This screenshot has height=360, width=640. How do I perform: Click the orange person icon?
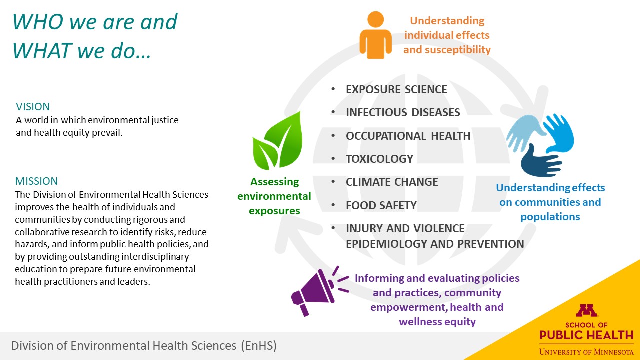click(375, 35)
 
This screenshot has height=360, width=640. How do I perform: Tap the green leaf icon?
click(278, 141)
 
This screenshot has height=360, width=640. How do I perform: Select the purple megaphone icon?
click(317, 291)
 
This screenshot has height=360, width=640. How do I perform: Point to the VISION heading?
click(33, 107)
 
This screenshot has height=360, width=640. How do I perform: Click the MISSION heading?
click(36, 181)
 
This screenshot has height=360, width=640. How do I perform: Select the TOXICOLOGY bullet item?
click(379, 159)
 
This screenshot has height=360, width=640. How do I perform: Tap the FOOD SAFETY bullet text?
click(381, 205)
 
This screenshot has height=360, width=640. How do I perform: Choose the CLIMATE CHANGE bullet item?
click(392, 182)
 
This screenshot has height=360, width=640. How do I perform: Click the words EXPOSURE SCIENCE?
click(396, 89)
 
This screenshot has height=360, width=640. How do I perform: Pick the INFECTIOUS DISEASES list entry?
click(403, 112)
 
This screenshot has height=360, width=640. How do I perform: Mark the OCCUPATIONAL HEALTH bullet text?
click(408, 136)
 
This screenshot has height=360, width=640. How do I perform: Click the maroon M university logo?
click(586, 310)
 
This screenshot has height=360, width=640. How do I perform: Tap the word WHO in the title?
click(38, 22)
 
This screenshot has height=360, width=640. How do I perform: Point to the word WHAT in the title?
click(42, 51)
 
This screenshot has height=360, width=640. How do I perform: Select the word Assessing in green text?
click(274, 182)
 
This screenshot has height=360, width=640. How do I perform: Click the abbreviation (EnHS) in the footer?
click(259, 345)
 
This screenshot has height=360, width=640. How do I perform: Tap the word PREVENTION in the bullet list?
click(491, 244)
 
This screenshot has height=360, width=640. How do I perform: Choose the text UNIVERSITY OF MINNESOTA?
click(586, 352)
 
